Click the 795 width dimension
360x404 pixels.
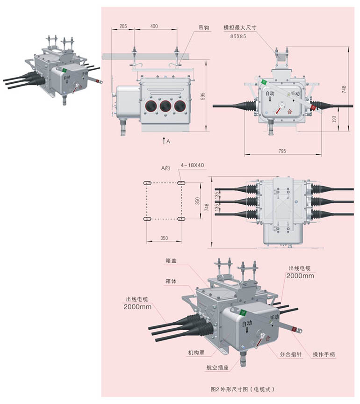tap(282, 151)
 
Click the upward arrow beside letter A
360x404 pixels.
tap(164, 140)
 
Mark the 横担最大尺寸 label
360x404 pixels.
tap(240, 28)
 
